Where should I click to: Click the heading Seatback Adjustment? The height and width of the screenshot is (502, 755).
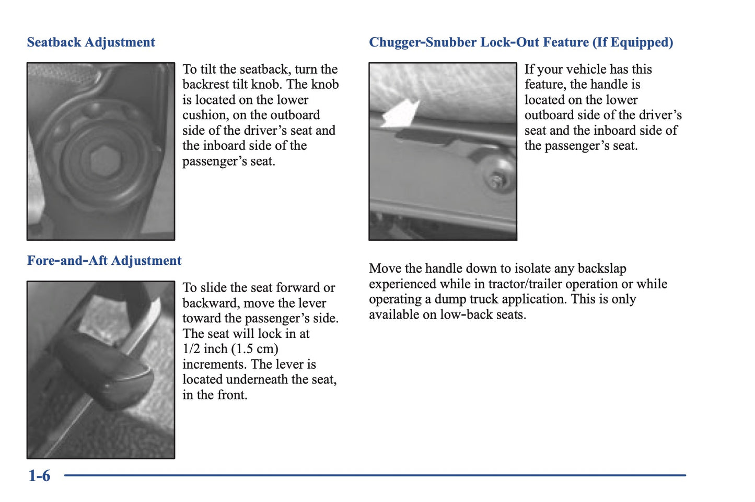pyautogui.click(x=91, y=42)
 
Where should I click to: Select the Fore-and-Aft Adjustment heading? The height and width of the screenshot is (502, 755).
pyautogui.click(x=104, y=261)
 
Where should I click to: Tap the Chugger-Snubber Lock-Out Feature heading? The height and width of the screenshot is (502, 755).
pyautogui.click(x=521, y=42)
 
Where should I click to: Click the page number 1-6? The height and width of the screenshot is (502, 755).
pyautogui.click(x=39, y=476)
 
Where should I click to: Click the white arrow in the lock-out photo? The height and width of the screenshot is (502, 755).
pyautogui.click(x=400, y=113)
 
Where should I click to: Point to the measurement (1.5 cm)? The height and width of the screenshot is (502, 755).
pyautogui.click(x=255, y=349)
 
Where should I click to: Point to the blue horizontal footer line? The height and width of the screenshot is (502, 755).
pyautogui.click(x=375, y=475)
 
